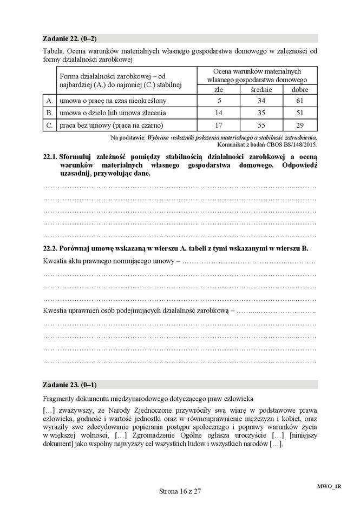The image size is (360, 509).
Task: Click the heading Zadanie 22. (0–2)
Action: point(69,38)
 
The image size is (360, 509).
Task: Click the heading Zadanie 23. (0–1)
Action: point(69,385)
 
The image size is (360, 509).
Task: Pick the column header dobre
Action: point(300,89)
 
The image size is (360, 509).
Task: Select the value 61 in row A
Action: point(300,101)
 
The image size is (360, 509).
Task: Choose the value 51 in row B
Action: point(300,113)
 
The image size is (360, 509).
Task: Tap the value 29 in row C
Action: point(300,125)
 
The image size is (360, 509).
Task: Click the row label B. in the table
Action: point(49,113)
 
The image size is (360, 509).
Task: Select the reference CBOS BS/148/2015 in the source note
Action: point(292,144)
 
